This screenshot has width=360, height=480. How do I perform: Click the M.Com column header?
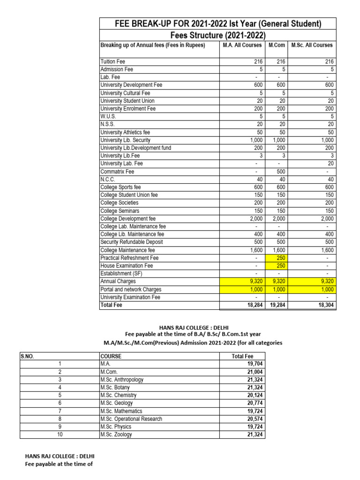click(277, 45)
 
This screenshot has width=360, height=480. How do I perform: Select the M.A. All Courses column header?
click(243, 45)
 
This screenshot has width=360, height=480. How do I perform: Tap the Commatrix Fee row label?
click(117, 172)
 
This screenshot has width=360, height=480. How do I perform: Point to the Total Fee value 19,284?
click(277, 305)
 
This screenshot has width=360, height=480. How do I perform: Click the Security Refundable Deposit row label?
click(132, 242)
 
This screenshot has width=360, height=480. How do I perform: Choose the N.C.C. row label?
click(108, 179)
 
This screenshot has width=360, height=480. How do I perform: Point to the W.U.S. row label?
click(108, 116)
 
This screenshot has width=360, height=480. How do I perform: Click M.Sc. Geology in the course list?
click(116, 403)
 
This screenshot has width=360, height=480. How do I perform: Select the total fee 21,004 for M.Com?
click(255, 372)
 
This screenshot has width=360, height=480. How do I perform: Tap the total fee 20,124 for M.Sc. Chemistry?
click(255, 395)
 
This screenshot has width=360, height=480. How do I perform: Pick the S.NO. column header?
click(28, 356)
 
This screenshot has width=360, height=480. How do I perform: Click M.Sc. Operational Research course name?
click(131, 419)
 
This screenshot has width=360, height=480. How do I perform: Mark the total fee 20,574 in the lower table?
click(255, 419)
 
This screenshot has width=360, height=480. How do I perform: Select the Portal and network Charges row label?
click(131, 289)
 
